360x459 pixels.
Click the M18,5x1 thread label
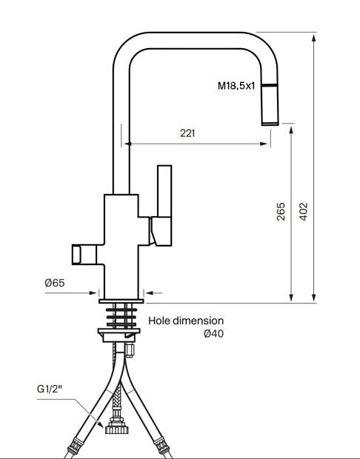pyautogui.click(x=236, y=86)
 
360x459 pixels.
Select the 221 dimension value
pyautogui.click(x=187, y=133)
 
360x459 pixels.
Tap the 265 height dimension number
pyautogui.click(x=281, y=211)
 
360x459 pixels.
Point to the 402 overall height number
pyautogui.click(x=304, y=211)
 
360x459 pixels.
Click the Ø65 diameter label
pyautogui.click(x=55, y=283)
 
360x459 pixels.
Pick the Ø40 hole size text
pyautogui.click(x=214, y=333)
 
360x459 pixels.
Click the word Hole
pyautogui.click(x=159, y=321)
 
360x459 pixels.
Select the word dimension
pyautogui.click(x=198, y=321)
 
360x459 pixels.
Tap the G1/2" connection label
pyautogui.click(x=50, y=389)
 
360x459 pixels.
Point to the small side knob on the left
pyautogui.click(x=84, y=255)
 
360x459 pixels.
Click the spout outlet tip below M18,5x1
pyautogui.click(x=270, y=124)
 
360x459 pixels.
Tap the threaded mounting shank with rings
pyautogui.click(x=121, y=316)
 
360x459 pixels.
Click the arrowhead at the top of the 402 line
pyautogui.click(x=314, y=38)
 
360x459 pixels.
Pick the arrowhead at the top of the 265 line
pyautogui.click(x=291, y=130)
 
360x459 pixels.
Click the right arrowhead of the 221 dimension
pyautogui.click(x=264, y=144)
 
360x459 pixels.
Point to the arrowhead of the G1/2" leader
pyautogui.click(x=101, y=424)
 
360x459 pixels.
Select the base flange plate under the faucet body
pyautogui.click(x=121, y=301)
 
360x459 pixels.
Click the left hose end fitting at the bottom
pyautogui.click(x=74, y=446)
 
